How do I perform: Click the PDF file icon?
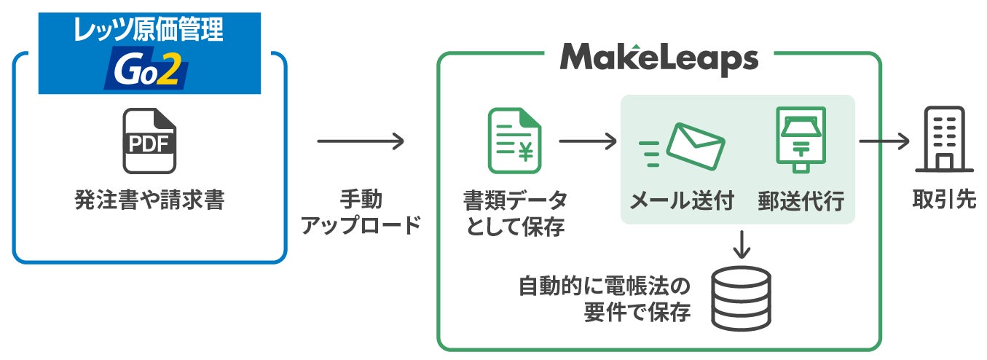[149, 141]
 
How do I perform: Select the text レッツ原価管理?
[149, 30]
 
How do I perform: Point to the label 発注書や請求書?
[149, 200]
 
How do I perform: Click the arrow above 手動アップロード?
[361, 141]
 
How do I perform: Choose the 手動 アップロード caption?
[361, 212]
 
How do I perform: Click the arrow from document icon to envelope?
[587, 141]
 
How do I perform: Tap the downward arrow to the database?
[742, 244]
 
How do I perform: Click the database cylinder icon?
[742, 299]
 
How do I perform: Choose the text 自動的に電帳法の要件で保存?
[604, 299]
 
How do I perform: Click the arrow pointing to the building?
[884, 141]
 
